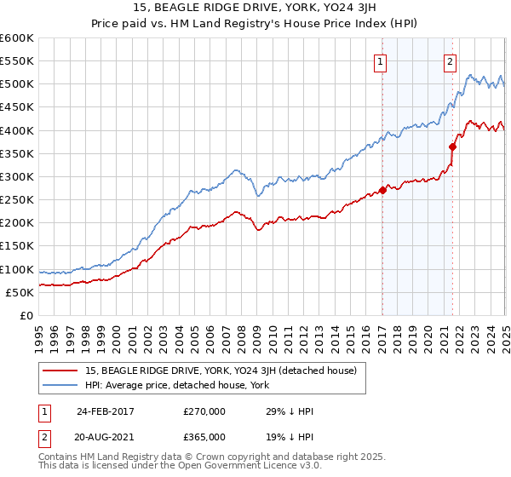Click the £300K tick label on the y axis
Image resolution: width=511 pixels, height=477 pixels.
click(17, 176)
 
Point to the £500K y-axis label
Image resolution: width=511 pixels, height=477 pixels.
click(17, 84)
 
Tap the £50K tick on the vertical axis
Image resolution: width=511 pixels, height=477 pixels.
click(20, 292)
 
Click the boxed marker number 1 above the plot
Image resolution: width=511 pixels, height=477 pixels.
click(380, 60)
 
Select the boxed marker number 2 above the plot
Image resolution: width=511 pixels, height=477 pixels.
click(450, 60)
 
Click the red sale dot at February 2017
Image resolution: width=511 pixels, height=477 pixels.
click(382, 190)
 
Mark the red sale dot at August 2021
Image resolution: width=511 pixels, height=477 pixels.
click(453, 147)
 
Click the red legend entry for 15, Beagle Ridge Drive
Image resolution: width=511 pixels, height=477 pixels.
click(226, 371)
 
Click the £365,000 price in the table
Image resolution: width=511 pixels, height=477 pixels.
click(204, 437)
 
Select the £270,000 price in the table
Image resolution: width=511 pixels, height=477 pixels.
click(204, 411)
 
